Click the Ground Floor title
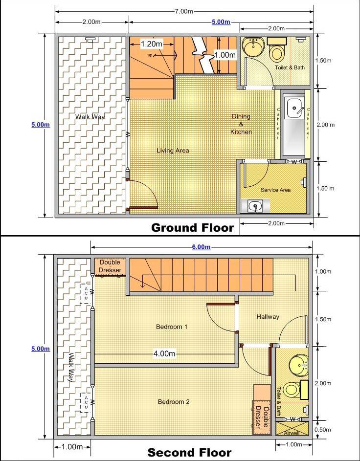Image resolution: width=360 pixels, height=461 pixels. pos(193,227)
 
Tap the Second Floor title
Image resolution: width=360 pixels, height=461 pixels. pos(189,453)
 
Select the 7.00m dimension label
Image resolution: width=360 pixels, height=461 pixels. pos(184,11)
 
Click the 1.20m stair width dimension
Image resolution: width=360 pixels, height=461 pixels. pos(152,44)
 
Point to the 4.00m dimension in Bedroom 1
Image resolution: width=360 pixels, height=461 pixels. pos(164,353)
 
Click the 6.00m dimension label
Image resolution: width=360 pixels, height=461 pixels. pos(201,247)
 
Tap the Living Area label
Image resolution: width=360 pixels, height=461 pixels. pos(173,151)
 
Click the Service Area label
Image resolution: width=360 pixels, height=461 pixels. pos(275,190)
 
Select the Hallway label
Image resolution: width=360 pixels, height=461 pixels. pos(268,317)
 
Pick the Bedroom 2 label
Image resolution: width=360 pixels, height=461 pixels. pos(174,402)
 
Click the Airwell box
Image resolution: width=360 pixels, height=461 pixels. pos(292,429)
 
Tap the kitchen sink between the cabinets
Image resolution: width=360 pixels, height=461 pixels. pos(294,109)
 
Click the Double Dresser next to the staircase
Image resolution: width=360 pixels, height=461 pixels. pos(110,266)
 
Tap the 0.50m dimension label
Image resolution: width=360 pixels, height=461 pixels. pos(323,430)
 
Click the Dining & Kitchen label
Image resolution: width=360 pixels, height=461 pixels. pos(241,124)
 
